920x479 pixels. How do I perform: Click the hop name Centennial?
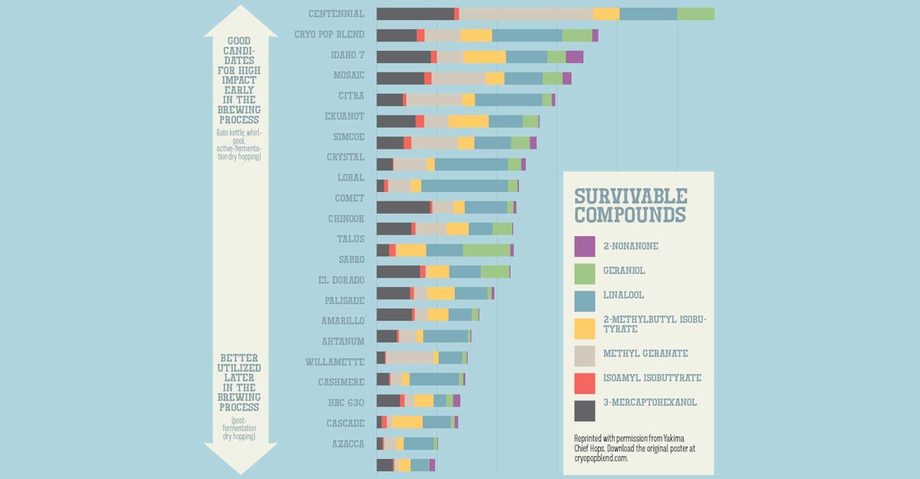[336, 13]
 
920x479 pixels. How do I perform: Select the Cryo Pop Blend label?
[329, 34]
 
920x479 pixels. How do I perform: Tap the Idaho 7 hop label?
[347, 54]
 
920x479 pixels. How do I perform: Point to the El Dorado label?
[341, 280]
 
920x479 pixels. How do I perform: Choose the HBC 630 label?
[346, 403]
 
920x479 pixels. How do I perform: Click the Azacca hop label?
[348, 444]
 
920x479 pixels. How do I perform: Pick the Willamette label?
[335, 362]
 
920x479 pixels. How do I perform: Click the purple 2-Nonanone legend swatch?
[585, 246]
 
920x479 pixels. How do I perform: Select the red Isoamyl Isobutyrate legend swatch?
[585, 383]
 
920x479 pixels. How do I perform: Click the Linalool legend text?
[623, 295]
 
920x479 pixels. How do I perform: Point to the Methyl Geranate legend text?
[645, 353]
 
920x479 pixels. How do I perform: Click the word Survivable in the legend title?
[631, 196]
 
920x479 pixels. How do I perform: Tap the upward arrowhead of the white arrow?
[241, 21]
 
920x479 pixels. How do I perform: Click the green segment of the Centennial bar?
[695, 13]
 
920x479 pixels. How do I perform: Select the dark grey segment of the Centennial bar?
[415, 13]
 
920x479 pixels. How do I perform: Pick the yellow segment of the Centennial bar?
[606, 13]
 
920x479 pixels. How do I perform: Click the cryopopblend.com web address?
[601, 458]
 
